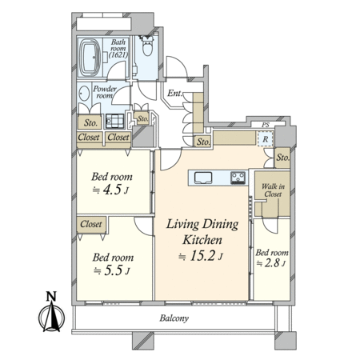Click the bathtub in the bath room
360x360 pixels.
(90, 58)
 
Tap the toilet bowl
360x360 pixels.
(147, 46)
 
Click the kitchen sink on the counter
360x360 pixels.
(203, 178)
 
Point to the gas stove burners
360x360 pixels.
(238, 178)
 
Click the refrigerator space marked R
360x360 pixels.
(266, 139)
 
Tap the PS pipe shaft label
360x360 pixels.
(266, 125)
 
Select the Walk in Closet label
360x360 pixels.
(273, 190)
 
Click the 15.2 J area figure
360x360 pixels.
(201, 256)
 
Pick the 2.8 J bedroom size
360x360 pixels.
(271, 263)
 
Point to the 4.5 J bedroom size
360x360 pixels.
(111, 190)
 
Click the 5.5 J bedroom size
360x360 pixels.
(112, 270)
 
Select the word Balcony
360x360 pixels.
(174, 318)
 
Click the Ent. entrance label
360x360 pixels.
(174, 94)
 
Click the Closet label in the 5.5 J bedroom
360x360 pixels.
(91, 224)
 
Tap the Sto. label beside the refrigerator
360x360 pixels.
(282, 158)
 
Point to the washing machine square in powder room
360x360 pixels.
(114, 121)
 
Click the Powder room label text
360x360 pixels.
(105, 92)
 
